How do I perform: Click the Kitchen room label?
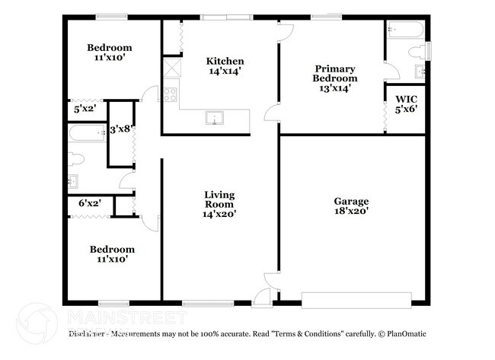point(225,62)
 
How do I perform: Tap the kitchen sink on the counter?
point(215,119)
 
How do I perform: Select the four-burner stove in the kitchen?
point(171,95)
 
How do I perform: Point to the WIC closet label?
point(406,100)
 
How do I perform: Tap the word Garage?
point(351,201)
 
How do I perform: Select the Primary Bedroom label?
point(335,73)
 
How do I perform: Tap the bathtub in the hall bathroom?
point(85,134)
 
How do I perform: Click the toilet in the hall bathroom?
point(75,158)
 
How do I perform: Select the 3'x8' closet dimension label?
point(120,130)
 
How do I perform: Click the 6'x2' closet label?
point(90,203)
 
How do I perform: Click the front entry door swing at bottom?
point(263,298)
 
